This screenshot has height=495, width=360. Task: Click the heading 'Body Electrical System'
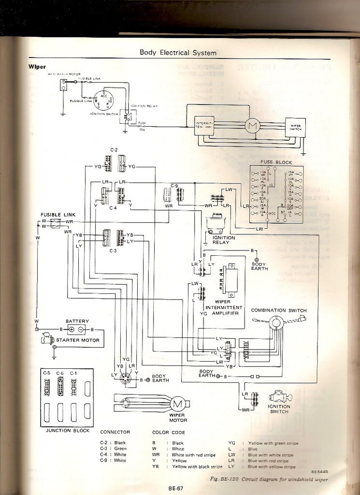(178, 53)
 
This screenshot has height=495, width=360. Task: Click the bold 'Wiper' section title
(37, 67)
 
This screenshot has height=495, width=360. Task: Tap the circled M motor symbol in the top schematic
(252, 126)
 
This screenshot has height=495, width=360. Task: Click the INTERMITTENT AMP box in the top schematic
(204, 126)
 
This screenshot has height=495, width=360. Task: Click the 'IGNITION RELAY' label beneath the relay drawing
(224, 240)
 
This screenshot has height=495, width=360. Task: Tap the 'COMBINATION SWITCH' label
(278, 310)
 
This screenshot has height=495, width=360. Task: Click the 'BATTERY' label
(77, 321)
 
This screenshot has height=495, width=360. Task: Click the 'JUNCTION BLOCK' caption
(64, 430)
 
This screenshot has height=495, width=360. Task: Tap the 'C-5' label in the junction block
(47, 374)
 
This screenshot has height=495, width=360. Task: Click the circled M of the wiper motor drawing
(177, 403)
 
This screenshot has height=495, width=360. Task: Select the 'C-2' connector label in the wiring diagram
(114, 150)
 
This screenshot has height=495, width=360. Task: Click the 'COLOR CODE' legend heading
(168, 432)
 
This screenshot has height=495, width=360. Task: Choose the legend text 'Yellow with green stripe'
(273, 443)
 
